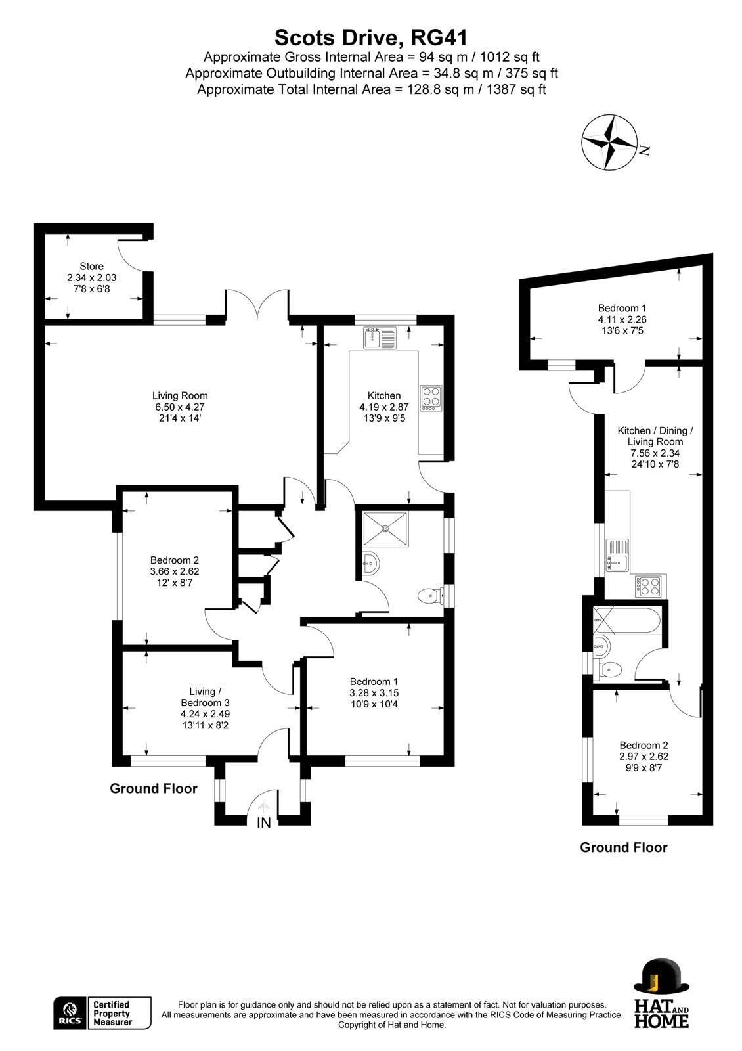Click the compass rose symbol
(609, 142)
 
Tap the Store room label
(91, 266)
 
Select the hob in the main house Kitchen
(431, 398)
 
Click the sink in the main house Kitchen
(380, 338)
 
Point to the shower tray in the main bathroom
(385, 529)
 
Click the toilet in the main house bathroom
(431, 596)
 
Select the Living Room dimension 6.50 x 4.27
(180, 407)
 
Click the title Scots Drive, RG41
(371, 37)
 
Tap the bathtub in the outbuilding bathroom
(626, 621)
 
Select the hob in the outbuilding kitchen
(647, 587)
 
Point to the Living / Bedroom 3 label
(205, 697)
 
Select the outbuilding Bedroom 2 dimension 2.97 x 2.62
(643, 756)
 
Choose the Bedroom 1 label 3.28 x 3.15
(374, 692)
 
